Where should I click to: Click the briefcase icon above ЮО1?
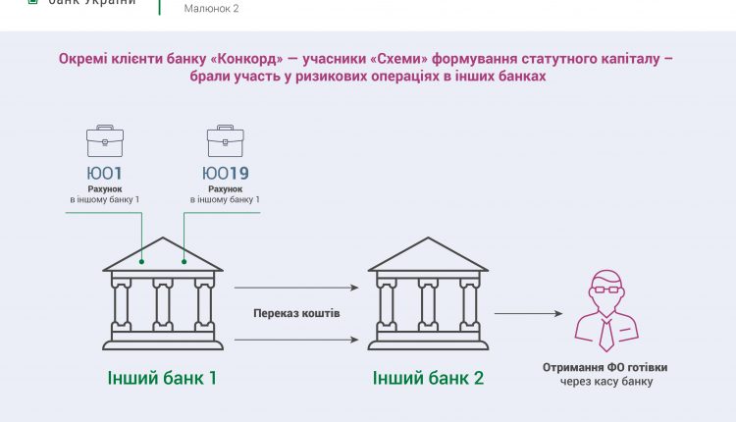point(105,140)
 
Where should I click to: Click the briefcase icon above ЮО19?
point(226,140)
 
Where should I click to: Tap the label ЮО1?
point(105,173)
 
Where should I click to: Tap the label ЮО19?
point(226,173)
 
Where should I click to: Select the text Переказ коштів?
point(296,313)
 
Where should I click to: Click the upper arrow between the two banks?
point(296,288)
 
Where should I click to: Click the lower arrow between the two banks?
point(296,340)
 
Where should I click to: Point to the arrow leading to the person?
point(529,313)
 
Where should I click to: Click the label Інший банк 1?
point(162,378)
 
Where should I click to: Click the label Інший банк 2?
point(428,378)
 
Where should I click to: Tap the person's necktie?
point(606,335)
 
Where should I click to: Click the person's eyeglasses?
point(606,289)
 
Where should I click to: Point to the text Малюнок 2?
point(211,9)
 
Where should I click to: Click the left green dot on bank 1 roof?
point(141,261)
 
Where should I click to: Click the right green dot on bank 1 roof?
point(184,261)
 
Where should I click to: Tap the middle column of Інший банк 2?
point(428,305)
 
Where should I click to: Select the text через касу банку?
point(606,381)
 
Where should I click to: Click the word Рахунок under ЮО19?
point(226,189)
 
